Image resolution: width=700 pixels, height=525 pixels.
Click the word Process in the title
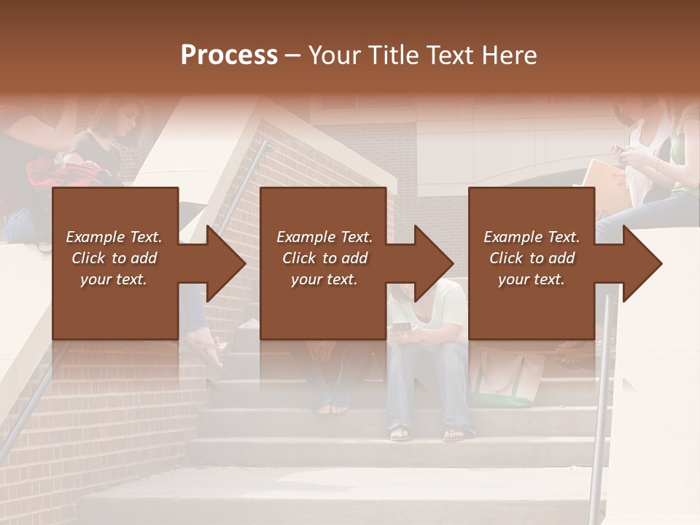coord(229,55)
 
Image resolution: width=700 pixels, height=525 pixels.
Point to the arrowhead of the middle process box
coord(433,263)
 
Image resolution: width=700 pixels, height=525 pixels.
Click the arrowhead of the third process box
coord(642,263)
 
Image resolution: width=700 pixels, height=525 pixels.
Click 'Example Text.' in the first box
coord(114,237)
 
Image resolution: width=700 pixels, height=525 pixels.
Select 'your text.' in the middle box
coord(324,279)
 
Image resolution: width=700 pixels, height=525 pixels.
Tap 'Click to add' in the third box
coord(532,258)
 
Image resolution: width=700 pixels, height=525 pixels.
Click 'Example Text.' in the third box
coord(532,237)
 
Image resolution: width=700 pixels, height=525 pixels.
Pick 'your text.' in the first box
coord(114,279)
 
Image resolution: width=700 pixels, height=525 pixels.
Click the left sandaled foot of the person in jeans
coord(400,433)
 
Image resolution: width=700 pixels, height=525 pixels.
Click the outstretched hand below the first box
coord(209,349)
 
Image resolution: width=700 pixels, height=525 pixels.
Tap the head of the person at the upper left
coord(124,117)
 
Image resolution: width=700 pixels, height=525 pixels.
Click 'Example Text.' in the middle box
coord(324,237)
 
